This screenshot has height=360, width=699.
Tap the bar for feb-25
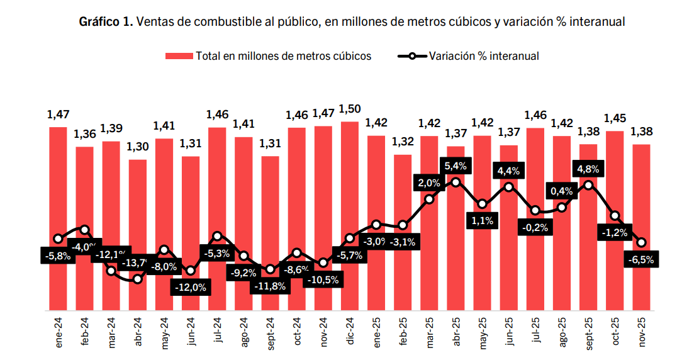403,233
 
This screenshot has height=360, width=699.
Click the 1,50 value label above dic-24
350,109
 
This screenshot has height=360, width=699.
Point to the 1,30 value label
138,147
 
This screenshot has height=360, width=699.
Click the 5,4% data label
455,166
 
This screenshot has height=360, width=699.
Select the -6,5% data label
641,259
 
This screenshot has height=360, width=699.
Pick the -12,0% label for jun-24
191,287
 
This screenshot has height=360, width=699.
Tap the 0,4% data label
561,191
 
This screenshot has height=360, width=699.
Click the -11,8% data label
271,286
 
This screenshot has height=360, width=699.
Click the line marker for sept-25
588,185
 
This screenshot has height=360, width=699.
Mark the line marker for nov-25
641,242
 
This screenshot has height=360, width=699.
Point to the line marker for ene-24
59,239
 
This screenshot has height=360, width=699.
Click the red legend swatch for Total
179,56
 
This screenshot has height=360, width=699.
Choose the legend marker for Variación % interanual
411,56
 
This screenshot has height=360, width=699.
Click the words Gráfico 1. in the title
106,22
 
